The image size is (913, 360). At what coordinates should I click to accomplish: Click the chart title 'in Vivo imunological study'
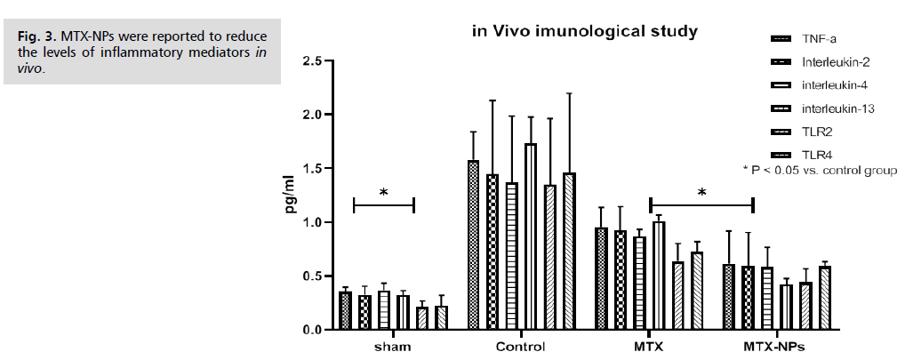pyautogui.click(x=584, y=31)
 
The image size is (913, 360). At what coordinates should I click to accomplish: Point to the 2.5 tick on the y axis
pyautogui.click(x=311, y=61)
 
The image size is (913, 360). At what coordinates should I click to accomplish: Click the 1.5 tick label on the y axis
pyautogui.click(x=311, y=169)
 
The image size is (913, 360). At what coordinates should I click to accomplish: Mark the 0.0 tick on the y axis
pyautogui.click(x=311, y=330)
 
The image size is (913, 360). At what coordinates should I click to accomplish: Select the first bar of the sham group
pyautogui.click(x=345, y=310)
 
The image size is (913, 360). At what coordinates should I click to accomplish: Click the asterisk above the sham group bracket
pyautogui.click(x=383, y=193)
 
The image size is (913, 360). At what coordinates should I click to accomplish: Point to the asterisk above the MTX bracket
pyautogui.click(x=701, y=193)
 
